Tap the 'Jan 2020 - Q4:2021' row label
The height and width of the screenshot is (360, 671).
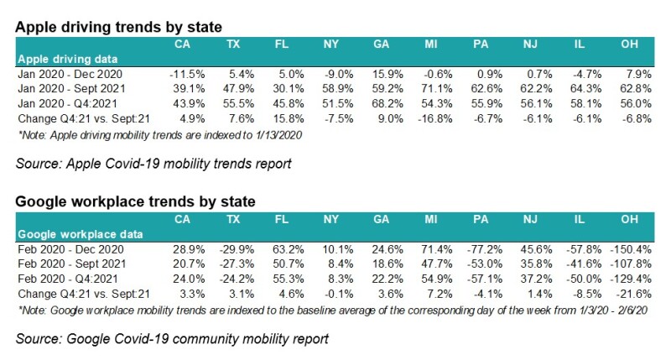tap(65, 104)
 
